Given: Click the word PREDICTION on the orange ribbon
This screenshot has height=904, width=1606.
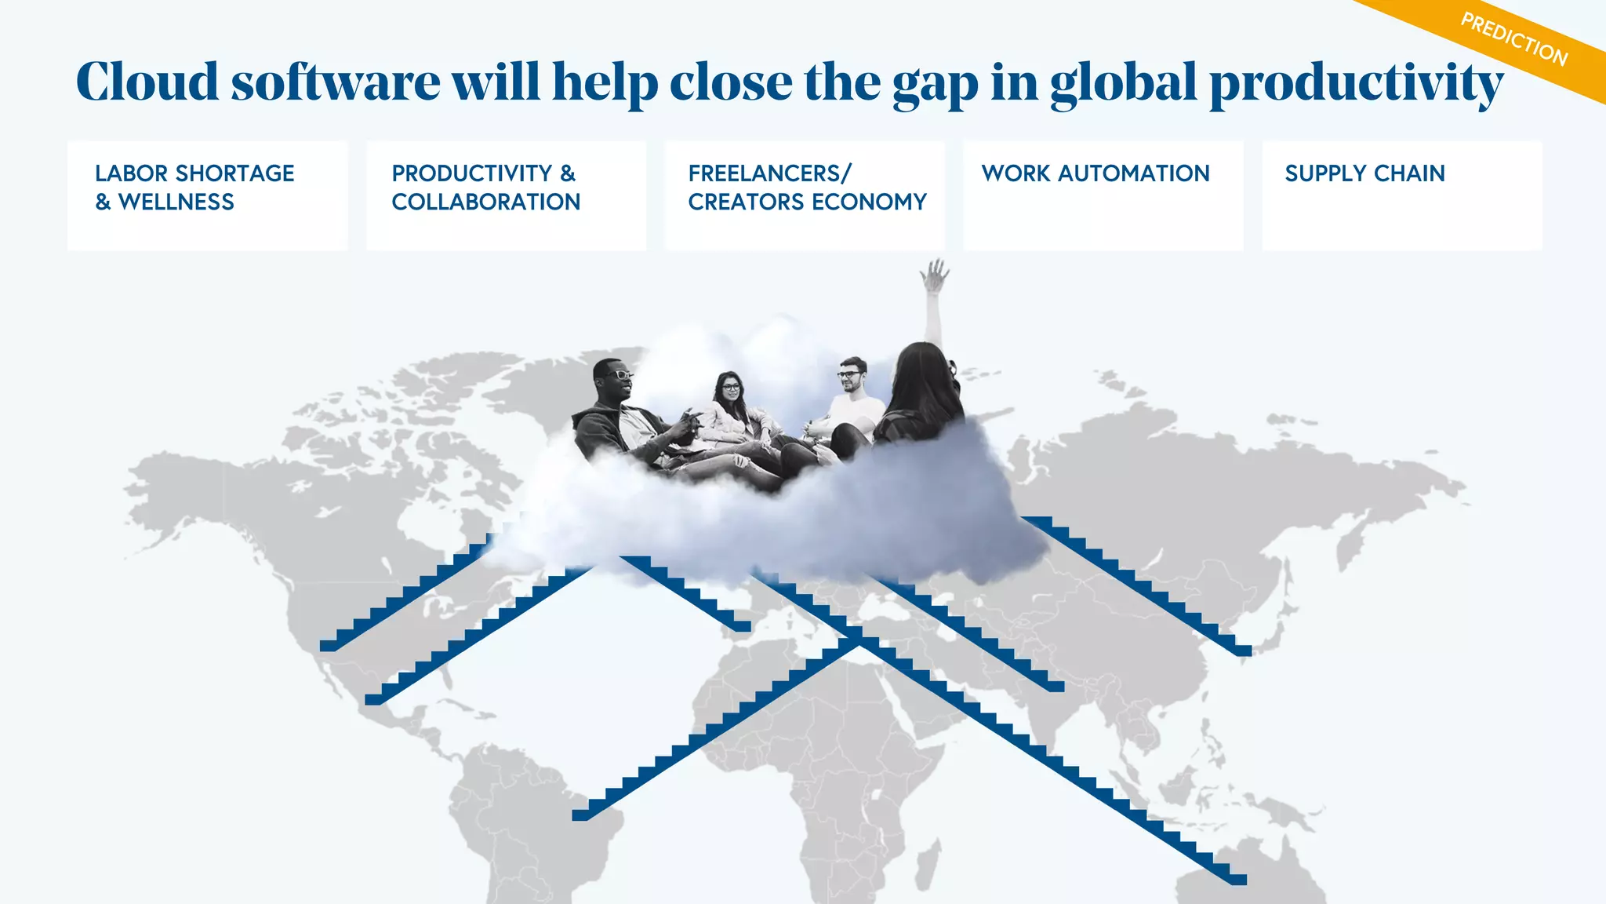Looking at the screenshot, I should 1513,40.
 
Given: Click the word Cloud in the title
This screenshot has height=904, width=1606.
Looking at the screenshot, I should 147,82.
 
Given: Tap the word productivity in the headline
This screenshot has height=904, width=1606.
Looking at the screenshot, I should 1356,85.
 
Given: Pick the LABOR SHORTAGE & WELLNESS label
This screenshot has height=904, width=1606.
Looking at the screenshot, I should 194,188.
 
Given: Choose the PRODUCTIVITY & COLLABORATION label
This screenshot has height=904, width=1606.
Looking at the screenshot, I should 486,188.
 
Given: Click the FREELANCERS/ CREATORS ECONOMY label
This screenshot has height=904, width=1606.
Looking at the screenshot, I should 807,188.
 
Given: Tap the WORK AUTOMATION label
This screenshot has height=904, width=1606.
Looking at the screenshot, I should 1095,173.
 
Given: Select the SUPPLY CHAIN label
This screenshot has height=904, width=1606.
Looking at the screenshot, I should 1364,173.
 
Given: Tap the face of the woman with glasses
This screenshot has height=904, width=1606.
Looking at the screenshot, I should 730,388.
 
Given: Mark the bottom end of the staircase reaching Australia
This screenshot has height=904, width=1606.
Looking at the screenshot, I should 1237,880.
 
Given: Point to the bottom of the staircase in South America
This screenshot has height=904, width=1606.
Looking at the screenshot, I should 580,815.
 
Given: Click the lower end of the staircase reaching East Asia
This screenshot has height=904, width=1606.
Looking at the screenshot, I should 1242,651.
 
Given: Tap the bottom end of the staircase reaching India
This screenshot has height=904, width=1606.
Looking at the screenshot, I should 1056,687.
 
